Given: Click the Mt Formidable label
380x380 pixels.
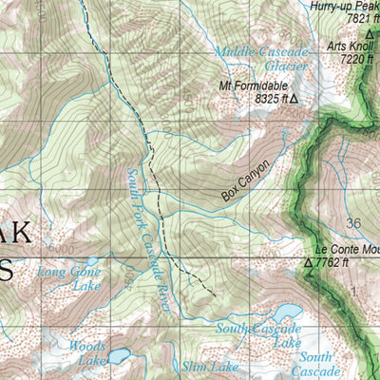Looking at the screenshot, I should point(252,85).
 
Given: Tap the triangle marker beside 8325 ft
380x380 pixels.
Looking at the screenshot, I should point(294,98).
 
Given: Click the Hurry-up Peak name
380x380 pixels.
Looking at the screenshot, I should point(345,6).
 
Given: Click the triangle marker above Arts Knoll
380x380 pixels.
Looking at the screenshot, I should point(370,32).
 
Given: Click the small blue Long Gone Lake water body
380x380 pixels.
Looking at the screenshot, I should point(92,259).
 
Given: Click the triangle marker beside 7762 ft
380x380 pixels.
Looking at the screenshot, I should point(309,262).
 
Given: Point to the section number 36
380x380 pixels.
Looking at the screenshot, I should point(354,222).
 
